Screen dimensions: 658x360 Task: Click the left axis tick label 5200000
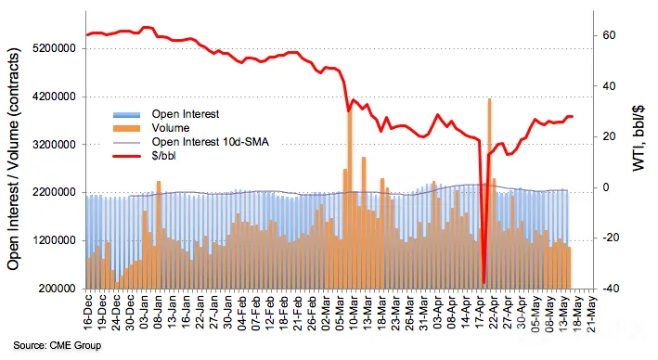(x=55, y=48)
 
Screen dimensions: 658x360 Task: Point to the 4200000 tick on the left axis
(x=55, y=96)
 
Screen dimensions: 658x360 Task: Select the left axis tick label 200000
(x=58, y=289)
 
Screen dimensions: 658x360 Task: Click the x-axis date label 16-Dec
(x=88, y=313)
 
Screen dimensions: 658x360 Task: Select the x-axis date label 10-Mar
(x=354, y=313)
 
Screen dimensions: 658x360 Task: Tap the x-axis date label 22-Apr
(x=494, y=313)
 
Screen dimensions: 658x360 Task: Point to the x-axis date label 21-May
(x=592, y=314)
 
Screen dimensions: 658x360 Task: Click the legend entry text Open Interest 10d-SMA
(x=211, y=142)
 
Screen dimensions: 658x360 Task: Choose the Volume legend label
(x=171, y=128)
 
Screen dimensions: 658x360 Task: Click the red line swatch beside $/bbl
(x=126, y=156)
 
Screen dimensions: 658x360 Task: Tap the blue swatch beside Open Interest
(x=126, y=114)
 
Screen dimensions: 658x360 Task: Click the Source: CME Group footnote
(x=57, y=346)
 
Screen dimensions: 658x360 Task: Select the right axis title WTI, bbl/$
(x=639, y=137)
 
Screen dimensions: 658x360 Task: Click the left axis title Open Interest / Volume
(x=13, y=160)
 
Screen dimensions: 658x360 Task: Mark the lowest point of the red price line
(x=484, y=283)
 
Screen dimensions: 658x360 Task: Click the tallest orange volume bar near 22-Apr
(x=489, y=193)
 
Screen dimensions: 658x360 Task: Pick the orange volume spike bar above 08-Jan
(x=159, y=235)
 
